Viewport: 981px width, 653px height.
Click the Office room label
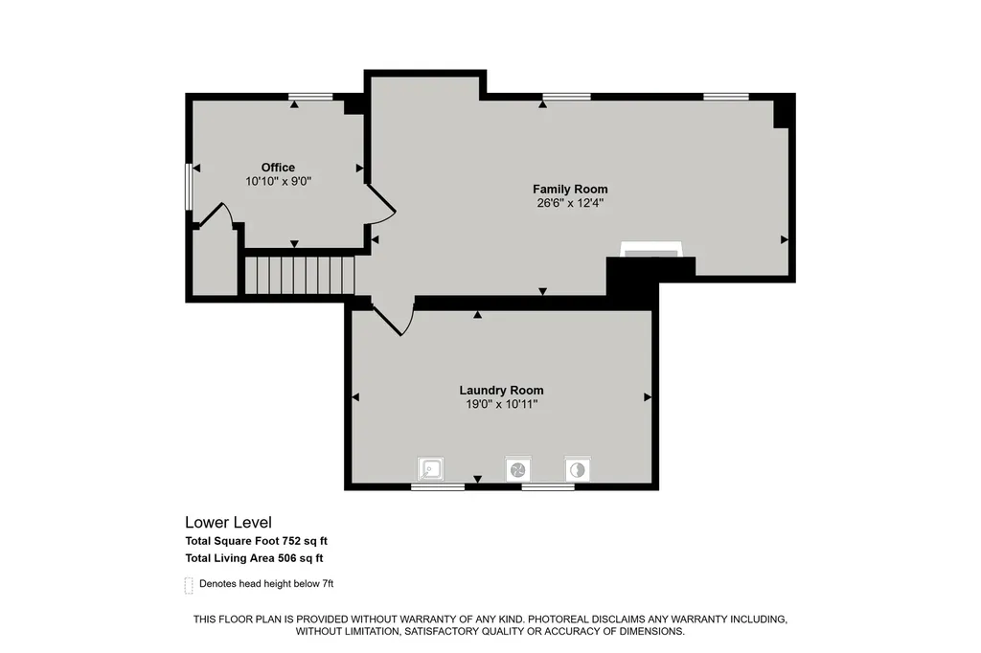click(x=278, y=167)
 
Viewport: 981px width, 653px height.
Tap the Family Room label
click(x=570, y=189)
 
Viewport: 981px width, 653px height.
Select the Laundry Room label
click(x=501, y=391)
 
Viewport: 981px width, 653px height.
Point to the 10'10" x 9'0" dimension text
click(x=279, y=181)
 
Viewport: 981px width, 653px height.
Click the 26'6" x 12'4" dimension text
click(x=570, y=203)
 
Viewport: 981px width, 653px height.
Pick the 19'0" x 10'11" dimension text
click(x=502, y=404)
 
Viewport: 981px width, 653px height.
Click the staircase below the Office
click(x=300, y=275)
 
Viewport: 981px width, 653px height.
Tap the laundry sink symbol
click(x=430, y=469)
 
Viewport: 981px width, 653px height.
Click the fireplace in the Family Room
click(x=650, y=250)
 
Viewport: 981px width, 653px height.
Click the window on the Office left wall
click(x=189, y=187)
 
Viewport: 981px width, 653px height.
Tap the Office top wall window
click(x=310, y=97)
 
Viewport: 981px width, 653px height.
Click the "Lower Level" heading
click(x=228, y=522)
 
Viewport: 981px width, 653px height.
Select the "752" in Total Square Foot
click(x=284, y=541)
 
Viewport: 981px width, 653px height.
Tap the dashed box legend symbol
click(x=189, y=585)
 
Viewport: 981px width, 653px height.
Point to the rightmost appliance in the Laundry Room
click(x=578, y=470)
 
